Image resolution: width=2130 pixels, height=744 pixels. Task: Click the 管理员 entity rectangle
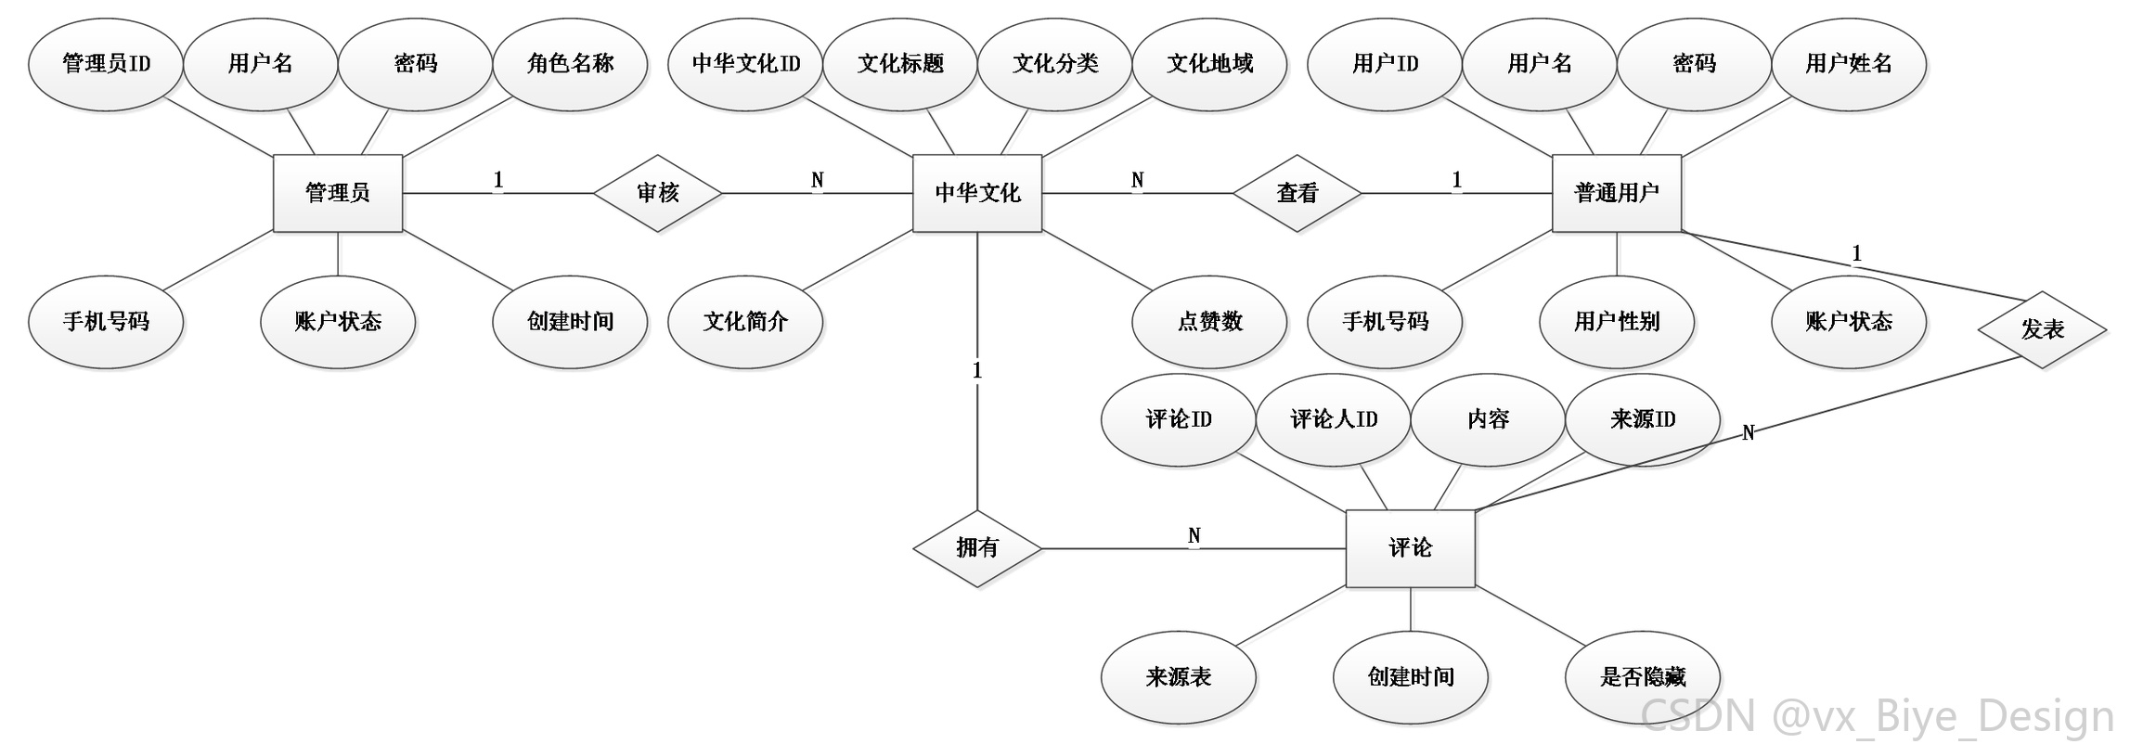(338, 193)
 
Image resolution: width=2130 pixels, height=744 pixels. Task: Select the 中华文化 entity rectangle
(977, 193)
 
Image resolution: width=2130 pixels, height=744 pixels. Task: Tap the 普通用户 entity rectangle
(1617, 193)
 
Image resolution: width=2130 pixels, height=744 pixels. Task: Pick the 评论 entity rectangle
(1411, 548)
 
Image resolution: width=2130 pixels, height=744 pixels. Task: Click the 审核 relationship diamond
(658, 193)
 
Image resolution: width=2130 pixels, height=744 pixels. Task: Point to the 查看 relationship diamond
(1297, 193)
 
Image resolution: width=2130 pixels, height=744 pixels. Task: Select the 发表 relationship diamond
(2042, 329)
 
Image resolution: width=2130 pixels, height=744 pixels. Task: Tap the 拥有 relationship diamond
(977, 548)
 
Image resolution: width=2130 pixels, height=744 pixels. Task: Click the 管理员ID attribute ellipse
(106, 64)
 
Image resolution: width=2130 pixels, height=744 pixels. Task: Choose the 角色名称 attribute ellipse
(570, 64)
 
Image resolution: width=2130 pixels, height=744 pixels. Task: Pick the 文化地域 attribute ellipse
(1209, 64)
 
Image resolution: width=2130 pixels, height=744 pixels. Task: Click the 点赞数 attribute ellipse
(1209, 322)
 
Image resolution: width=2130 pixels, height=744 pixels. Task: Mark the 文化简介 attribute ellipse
(745, 322)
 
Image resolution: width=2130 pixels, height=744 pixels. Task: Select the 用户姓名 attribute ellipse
(1849, 64)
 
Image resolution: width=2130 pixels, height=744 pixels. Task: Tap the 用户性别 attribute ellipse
(1617, 322)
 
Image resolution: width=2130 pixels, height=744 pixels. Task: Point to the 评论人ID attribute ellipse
(1334, 419)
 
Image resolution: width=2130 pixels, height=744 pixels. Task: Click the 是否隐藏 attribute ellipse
(1643, 677)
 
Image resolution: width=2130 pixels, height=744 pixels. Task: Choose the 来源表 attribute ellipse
(1179, 677)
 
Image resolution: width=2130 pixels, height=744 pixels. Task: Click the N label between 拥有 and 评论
(1194, 536)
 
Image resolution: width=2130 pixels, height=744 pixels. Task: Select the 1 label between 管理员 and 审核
(498, 180)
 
